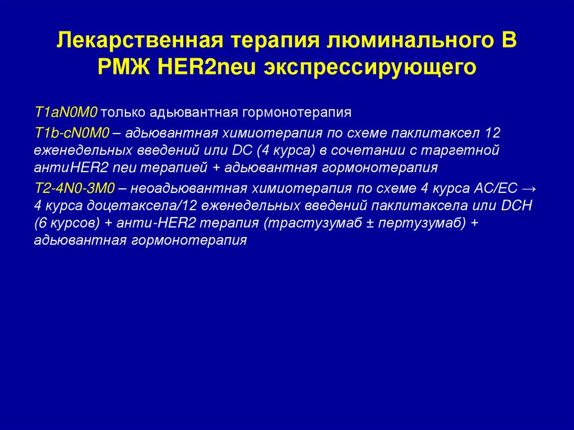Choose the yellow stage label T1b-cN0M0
click(x=72, y=133)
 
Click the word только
click(x=123, y=112)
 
